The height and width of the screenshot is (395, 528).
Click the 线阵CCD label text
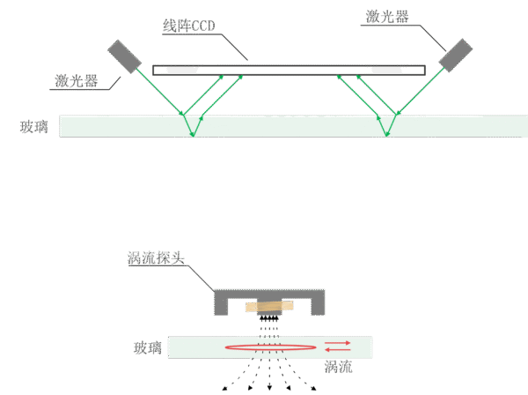coord(188,26)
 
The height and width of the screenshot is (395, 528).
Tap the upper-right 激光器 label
coord(387,16)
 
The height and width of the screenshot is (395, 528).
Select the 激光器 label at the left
coord(76,80)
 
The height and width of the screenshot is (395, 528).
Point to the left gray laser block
coord(124,56)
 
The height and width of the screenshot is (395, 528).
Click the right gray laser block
coord(455,55)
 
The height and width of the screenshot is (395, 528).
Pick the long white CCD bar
coord(289,71)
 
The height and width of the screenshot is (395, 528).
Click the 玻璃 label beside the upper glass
coord(34,127)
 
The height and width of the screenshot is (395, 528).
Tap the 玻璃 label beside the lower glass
coord(148,347)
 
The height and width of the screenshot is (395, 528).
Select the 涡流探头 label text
coord(156,258)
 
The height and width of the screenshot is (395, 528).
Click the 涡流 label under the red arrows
coord(339,367)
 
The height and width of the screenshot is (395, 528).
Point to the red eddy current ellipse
coord(271,345)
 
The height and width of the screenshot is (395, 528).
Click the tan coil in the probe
coord(269,306)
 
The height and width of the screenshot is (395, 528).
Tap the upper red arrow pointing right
coord(337,343)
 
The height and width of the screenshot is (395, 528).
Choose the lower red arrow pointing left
coord(337,350)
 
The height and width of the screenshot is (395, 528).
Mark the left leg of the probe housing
coord(221,302)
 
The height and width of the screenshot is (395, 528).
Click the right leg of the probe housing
coord(318,302)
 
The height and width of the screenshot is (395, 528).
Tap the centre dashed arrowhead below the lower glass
coord(269,388)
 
